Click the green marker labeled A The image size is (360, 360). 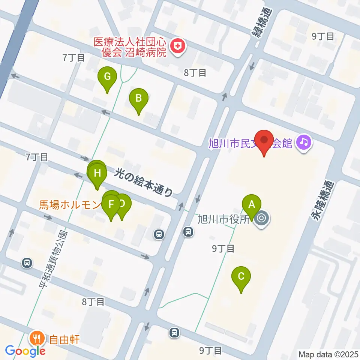click(x=252, y=204)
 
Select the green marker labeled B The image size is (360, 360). click(x=138, y=99)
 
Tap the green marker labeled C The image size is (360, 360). click(x=241, y=277)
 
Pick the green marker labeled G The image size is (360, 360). click(x=107, y=77)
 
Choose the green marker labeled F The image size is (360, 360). click(x=111, y=205)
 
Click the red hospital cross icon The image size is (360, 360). click(x=177, y=47)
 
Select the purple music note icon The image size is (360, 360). click(x=304, y=142)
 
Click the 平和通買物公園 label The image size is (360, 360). click(x=52, y=259)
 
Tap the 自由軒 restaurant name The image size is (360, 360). click(x=64, y=340)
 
